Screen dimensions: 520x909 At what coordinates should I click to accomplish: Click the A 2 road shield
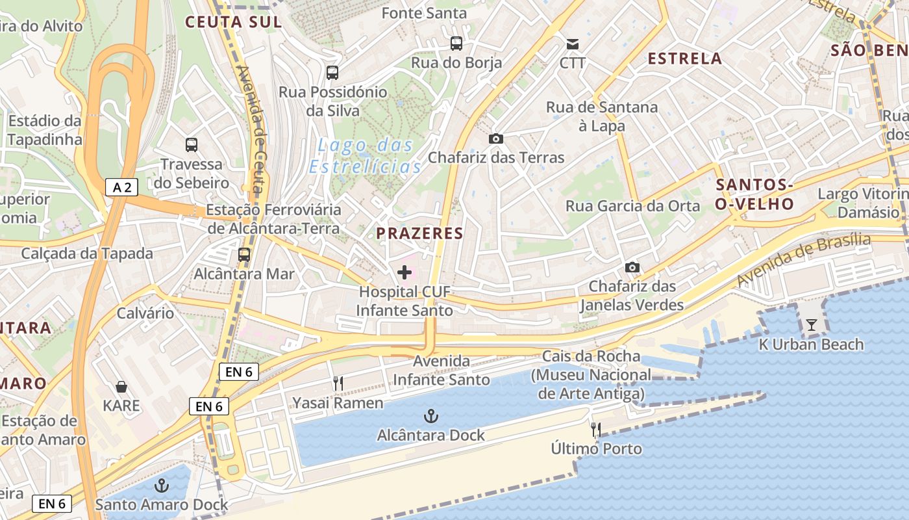pos(121,188)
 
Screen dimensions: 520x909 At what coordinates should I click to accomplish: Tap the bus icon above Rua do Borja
pos(456,44)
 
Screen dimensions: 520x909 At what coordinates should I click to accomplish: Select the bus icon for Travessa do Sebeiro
pos(192,144)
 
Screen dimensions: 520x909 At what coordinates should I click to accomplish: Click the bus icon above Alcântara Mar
pos(244,255)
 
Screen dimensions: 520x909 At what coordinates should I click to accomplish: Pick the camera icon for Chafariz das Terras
pos(496,138)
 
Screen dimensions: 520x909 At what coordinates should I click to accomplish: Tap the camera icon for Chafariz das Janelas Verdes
pos(632,267)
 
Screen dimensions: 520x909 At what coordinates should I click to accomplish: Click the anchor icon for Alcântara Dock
pos(430,416)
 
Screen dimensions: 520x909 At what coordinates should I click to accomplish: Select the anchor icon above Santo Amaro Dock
pos(161,486)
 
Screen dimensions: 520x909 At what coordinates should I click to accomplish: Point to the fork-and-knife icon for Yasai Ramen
pos(338,383)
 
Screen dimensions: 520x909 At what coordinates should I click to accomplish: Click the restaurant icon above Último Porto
pos(595,429)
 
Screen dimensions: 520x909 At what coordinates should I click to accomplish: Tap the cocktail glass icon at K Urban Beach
pos(812,324)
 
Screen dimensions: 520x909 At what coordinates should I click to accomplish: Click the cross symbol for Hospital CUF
pos(405,272)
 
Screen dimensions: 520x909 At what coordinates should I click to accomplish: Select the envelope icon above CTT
pos(573,44)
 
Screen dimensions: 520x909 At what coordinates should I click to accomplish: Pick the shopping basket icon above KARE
pos(121,387)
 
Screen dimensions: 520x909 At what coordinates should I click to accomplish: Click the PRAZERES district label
pos(420,233)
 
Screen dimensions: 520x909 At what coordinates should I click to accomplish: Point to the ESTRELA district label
pos(685,58)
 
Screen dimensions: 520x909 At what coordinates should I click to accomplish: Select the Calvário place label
pos(145,313)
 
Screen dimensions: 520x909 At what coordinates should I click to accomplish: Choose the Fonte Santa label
pos(424,13)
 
